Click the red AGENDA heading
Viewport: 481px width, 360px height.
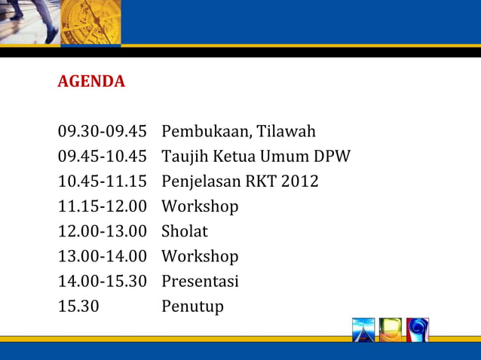point(91,81)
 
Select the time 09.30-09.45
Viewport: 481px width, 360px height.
point(102,133)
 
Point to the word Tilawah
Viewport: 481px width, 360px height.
point(286,133)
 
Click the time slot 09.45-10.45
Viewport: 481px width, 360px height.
point(102,157)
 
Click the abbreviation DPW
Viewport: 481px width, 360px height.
point(332,157)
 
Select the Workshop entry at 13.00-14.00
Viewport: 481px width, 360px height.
point(200,257)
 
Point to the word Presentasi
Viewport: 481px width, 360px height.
point(200,282)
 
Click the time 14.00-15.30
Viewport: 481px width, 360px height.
point(102,282)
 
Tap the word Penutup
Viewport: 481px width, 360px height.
point(192,307)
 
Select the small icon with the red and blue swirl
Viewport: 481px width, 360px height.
point(418,330)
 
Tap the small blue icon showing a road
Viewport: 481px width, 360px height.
point(363,330)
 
